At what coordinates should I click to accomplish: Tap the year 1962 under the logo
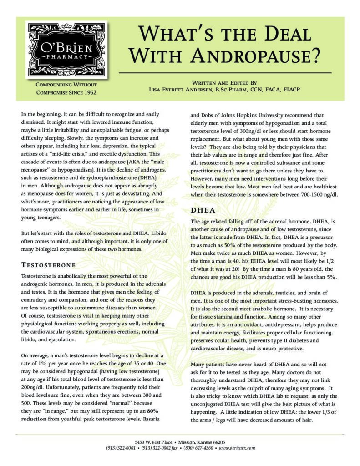tap(86, 93)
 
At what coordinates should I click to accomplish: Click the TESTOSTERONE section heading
tap(48, 265)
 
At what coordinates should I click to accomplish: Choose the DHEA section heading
tap(200, 211)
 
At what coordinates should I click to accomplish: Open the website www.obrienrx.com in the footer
tap(237, 448)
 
